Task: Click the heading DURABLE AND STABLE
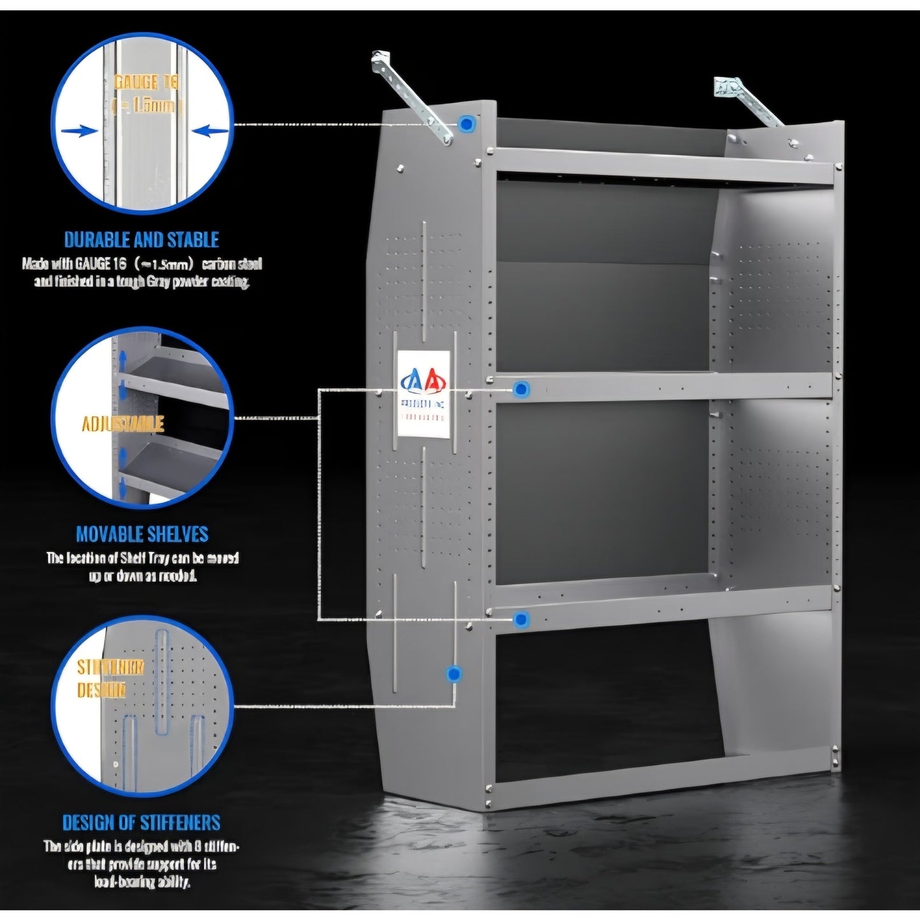tap(141, 240)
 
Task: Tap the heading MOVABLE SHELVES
tap(141, 534)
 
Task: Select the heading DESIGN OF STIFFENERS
tap(141, 823)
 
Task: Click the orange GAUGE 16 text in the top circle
tap(146, 82)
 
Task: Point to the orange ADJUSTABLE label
tap(123, 424)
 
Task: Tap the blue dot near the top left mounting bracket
tap(467, 124)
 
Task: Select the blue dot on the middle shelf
tap(521, 388)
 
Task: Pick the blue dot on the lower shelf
tap(521, 618)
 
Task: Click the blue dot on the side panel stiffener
tap(453, 674)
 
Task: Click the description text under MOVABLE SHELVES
tap(141, 567)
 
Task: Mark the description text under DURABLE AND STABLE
tap(141, 272)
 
